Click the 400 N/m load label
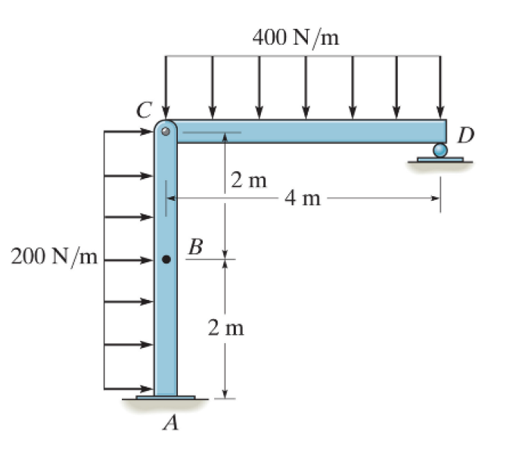[x=296, y=37]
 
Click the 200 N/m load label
[x=54, y=257]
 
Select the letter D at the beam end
[x=467, y=136]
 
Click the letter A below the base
[x=172, y=423]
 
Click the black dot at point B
[x=167, y=259]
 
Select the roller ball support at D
[x=440, y=151]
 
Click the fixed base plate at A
[x=166, y=397]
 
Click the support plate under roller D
[x=440, y=161]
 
